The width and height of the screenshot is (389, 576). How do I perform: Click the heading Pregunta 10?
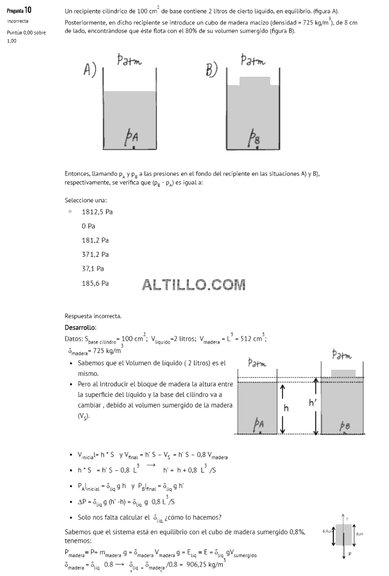tap(19, 10)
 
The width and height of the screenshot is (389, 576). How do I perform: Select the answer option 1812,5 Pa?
tap(97, 212)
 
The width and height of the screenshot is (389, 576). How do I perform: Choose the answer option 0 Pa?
tap(88, 226)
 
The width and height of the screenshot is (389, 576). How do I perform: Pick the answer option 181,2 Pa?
tap(95, 240)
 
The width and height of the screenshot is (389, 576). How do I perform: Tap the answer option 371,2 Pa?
tap(95, 255)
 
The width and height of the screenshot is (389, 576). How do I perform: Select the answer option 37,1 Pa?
tap(93, 269)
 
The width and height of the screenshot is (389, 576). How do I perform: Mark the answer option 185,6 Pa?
tap(95, 283)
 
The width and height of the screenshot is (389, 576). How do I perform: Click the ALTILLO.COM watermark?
tap(193, 285)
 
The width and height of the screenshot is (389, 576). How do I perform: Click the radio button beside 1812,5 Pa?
tap(70, 212)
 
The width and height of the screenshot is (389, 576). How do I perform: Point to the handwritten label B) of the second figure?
tap(212, 70)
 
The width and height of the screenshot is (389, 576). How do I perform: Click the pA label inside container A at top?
tap(132, 137)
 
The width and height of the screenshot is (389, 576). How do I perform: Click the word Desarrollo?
tap(81, 327)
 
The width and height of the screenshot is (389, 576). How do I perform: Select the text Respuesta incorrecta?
tap(93, 316)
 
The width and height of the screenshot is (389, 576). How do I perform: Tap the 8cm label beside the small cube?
tap(360, 534)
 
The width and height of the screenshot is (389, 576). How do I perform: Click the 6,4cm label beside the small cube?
tap(328, 531)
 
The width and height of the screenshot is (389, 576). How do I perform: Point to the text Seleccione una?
tap(86, 200)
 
